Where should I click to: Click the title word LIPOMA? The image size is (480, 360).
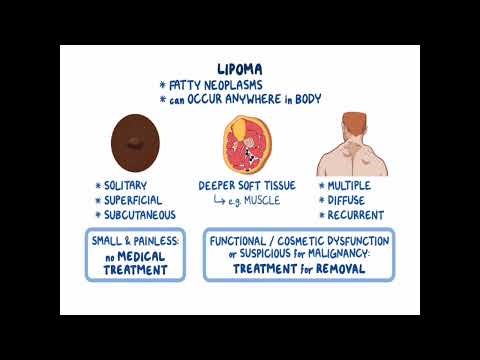pos(240,68)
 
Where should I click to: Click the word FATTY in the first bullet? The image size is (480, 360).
pos(187,86)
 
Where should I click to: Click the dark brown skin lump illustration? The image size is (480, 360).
pos(132,142)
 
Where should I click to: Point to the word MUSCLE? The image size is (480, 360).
pos(262,201)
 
